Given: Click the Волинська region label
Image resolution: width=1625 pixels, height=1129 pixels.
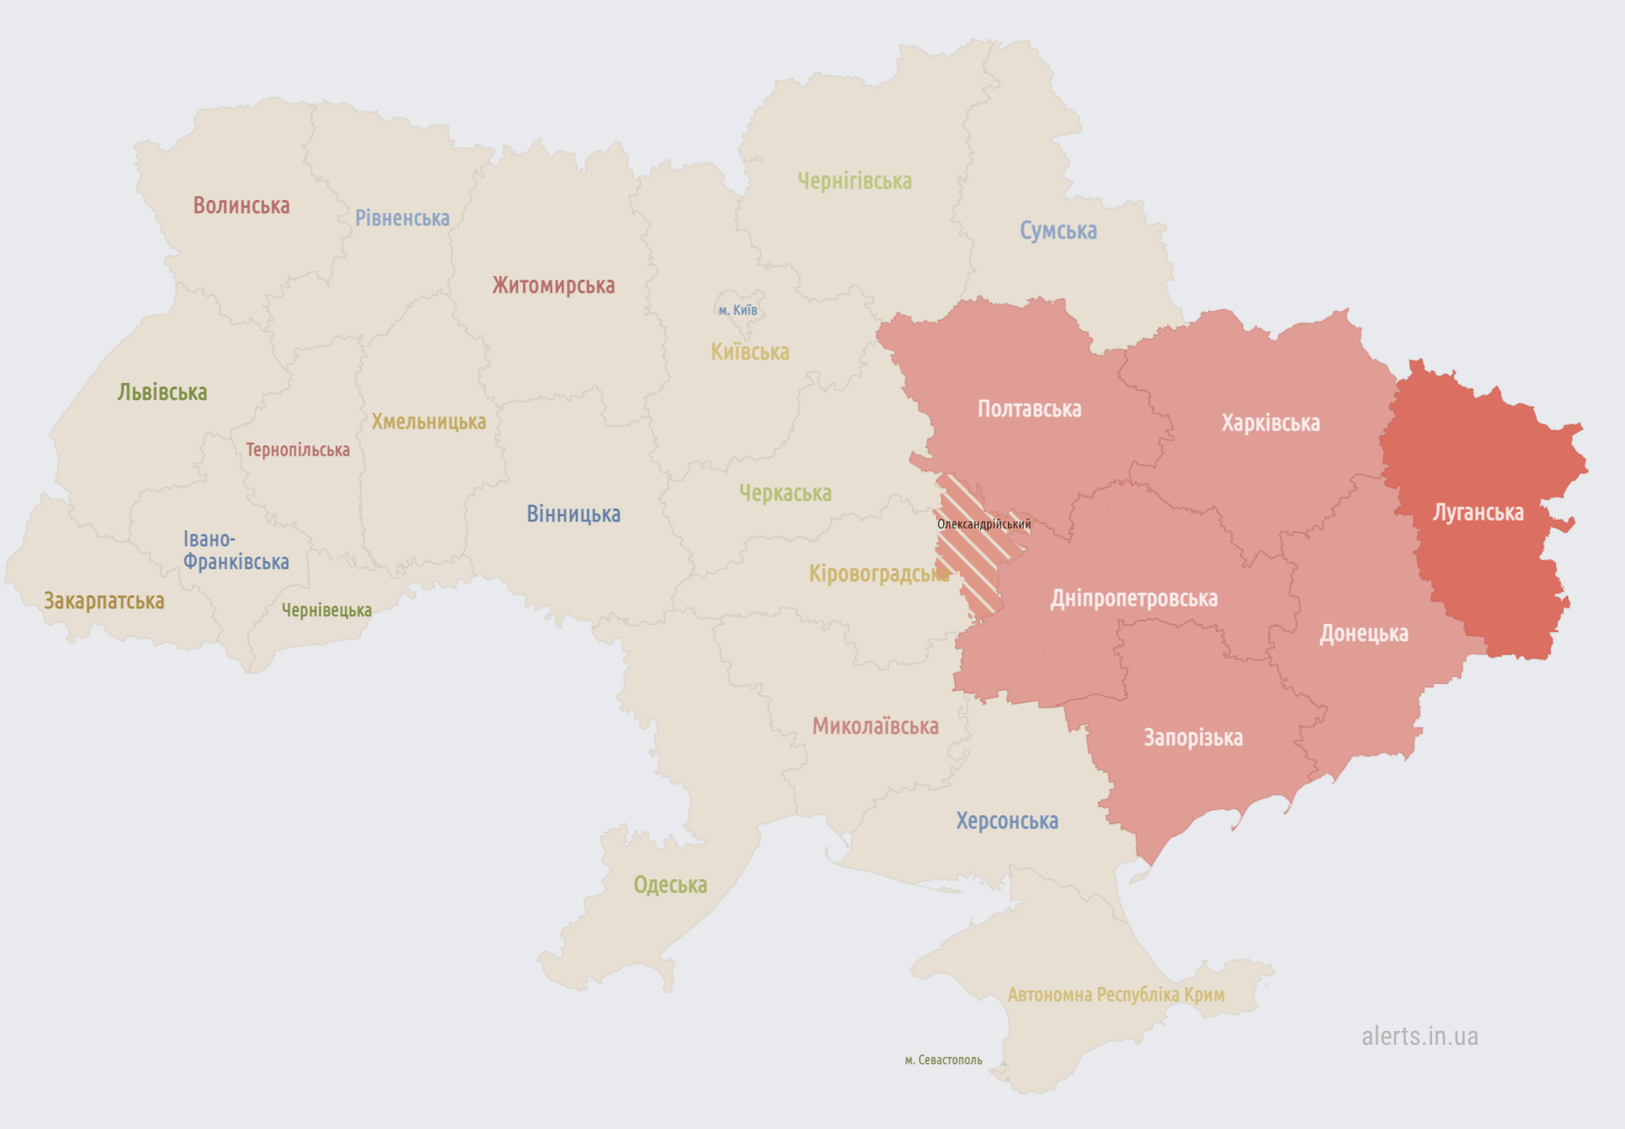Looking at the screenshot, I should (x=241, y=206).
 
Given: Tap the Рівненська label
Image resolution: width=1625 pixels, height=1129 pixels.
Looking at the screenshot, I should (x=402, y=218).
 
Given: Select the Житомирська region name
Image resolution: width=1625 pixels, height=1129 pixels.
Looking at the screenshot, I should (x=553, y=286).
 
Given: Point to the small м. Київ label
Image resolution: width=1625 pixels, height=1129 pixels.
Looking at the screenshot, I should (x=737, y=310).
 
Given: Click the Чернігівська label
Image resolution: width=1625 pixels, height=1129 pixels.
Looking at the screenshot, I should (x=855, y=181).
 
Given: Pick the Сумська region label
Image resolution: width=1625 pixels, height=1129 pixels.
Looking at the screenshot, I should (x=1058, y=231).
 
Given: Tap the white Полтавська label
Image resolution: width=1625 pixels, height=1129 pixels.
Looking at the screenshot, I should (x=1029, y=409).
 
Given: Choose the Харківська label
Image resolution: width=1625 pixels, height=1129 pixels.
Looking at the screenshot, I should (x=1270, y=423).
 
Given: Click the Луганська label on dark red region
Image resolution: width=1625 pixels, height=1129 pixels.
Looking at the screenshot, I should (x=1478, y=513).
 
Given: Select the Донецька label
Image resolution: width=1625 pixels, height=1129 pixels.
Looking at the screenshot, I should (x=1364, y=634).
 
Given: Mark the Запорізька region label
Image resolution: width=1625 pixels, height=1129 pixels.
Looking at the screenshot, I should (x=1193, y=738).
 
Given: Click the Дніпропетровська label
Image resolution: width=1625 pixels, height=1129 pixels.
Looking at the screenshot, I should (x=1133, y=599).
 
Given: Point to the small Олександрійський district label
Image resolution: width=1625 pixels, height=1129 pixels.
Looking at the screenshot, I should (x=983, y=524).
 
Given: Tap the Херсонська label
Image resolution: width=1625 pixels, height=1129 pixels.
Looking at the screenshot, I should (x=1007, y=821).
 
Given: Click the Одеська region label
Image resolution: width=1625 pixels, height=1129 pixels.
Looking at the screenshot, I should (x=670, y=885).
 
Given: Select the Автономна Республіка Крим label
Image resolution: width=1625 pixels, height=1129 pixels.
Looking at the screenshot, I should (x=1116, y=995).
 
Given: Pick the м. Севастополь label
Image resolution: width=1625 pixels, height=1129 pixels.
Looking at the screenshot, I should (x=943, y=1061).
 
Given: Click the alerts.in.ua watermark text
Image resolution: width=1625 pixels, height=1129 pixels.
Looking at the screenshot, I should (x=1419, y=1037).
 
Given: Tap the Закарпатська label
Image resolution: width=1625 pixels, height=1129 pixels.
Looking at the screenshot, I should (x=104, y=601).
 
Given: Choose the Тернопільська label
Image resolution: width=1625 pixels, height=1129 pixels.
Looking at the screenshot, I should (x=297, y=451).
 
